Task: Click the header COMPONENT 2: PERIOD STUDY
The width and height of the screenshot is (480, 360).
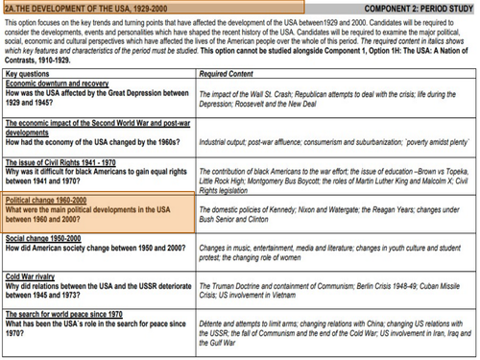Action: coord(419,8)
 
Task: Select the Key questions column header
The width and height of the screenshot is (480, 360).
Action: coord(30,73)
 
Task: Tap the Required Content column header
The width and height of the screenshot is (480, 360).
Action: coord(227,73)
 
